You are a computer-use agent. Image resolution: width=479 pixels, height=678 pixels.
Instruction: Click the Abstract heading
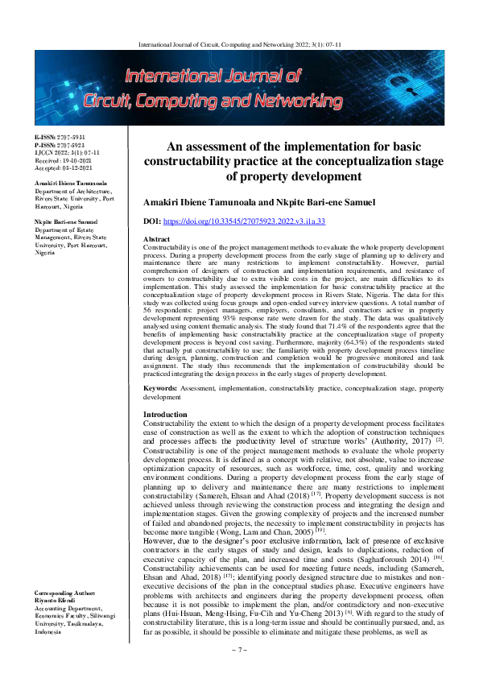155,240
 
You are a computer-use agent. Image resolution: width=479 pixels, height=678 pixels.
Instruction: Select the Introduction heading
164,413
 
